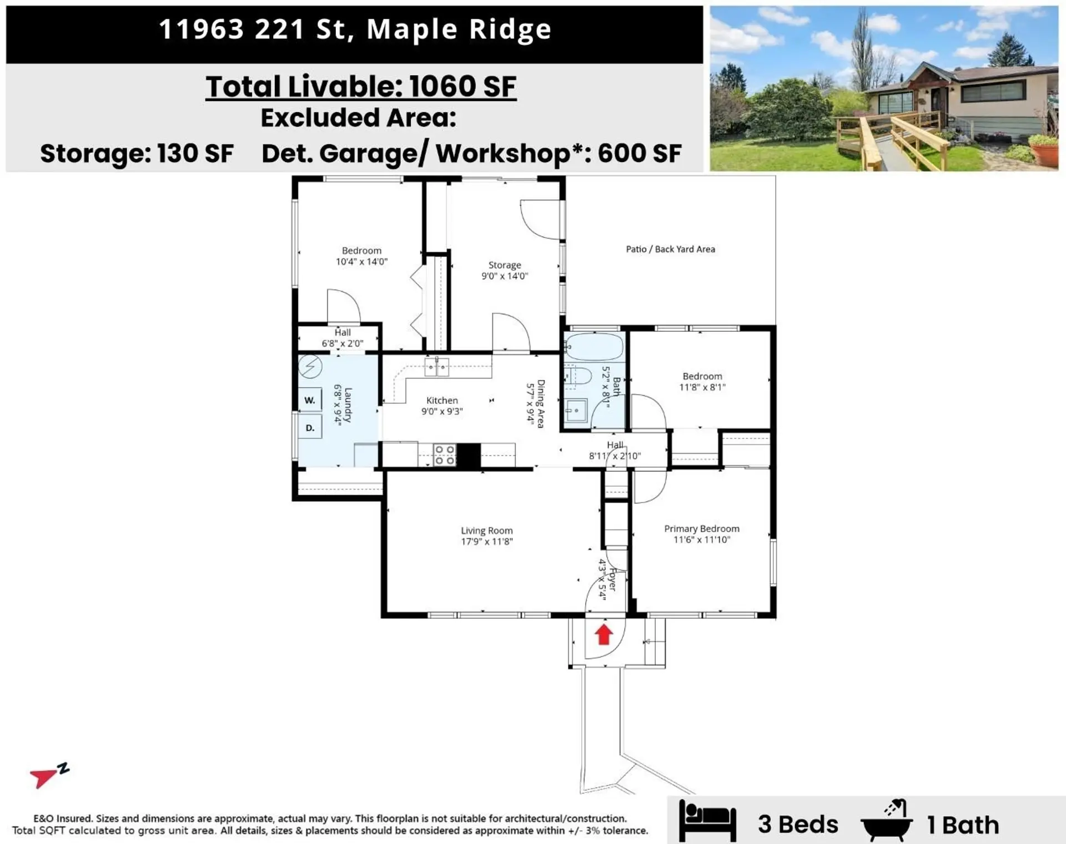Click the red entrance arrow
(604, 634)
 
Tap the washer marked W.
(310, 400)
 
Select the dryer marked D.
(310, 428)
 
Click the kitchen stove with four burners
(444, 454)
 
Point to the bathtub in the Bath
(594, 347)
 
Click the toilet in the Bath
(577, 377)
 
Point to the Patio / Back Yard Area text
(670, 249)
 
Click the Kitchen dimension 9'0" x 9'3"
(442, 411)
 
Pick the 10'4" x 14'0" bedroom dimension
(361, 261)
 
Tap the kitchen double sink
(436, 367)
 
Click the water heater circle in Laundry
(310, 366)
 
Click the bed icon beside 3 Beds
(707, 822)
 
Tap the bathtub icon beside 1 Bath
(887, 822)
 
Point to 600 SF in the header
(639, 153)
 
